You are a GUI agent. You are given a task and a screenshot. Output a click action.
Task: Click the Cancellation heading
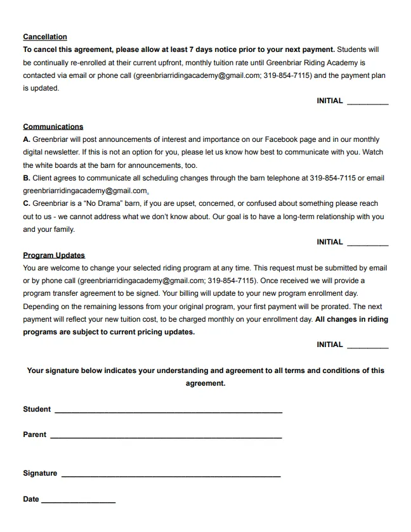pos(44,37)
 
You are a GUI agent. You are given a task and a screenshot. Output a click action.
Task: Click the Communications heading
pos(53,127)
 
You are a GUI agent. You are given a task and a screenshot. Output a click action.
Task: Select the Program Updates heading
pos(53,255)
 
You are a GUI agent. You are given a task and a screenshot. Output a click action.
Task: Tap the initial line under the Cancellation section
pos(367,103)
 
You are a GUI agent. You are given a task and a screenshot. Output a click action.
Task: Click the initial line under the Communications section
pos(367,244)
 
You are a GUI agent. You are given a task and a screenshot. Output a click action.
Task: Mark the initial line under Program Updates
pos(367,346)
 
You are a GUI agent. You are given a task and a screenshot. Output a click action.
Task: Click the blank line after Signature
pos(171,475)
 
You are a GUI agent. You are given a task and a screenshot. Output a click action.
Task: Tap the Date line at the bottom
pos(78,501)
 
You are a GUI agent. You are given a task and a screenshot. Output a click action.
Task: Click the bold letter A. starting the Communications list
pos(27,139)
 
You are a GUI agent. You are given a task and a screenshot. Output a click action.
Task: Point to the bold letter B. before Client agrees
pos(27,178)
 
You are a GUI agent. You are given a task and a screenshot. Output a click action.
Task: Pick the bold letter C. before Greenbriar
pos(27,203)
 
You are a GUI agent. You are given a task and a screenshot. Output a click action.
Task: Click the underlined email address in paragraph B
pos(85,191)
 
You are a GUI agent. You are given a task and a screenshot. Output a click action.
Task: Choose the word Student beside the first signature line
pos(37,409)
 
